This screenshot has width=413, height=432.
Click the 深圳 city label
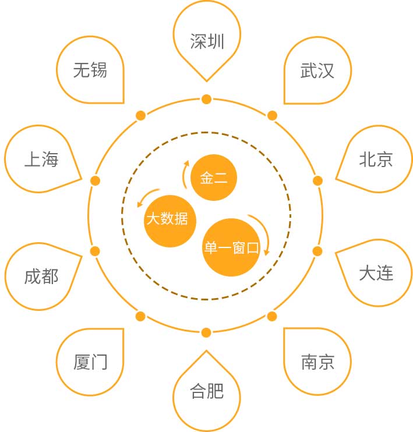click(x=207, y=41)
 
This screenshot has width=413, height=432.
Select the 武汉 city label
click(x=317, y=70)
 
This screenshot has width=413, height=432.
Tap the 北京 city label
click(x=376, y=160)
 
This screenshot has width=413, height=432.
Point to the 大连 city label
click(x=376, y=273)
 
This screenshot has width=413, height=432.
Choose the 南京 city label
click(x=318, y=362)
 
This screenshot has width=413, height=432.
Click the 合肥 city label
click(x=207, y=391)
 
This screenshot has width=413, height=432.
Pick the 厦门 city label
click(x=90, y=362)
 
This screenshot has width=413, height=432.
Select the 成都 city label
click(x=41, y=277)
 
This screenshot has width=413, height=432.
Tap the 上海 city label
click(x=41, y=160)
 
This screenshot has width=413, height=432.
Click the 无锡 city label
click(x=90, y=70)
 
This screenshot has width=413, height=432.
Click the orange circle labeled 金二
click(x=214, y=178)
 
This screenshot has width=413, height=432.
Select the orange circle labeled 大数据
click(x=170, y=221)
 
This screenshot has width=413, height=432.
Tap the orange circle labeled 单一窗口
click(x=232, y=247)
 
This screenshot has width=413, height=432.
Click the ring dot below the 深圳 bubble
click(x=206, y=99)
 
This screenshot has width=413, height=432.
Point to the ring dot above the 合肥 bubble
click(x=206, y=332)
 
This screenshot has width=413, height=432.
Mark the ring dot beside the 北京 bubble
click(x=317, y=180)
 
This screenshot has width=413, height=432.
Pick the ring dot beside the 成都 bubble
click(x=95, y=252)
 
